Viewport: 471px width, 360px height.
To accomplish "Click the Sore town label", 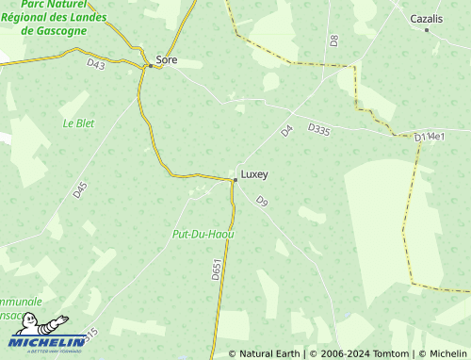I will (167, 60).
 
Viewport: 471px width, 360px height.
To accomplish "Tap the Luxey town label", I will (254, 174).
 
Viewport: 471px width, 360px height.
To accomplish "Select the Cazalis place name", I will (427, 18).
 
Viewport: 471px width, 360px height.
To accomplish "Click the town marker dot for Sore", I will (150, 66).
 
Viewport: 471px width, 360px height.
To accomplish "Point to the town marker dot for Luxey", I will (235, 178).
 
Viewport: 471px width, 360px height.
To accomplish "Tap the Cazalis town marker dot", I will (427, 29).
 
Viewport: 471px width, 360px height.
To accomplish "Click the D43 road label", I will (95, 64).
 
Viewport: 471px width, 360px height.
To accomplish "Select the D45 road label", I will (80, 188).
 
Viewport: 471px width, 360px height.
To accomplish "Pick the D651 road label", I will (216, 270).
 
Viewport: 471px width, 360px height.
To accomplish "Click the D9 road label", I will (262, 202).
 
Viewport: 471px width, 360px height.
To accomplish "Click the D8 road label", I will (333, 41).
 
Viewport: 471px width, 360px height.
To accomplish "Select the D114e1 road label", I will (430, 138).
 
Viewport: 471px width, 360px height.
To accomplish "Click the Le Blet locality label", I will (79, 123).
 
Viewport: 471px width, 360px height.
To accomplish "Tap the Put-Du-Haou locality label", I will (203, 233).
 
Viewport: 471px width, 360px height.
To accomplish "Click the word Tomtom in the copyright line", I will (393, 353).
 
